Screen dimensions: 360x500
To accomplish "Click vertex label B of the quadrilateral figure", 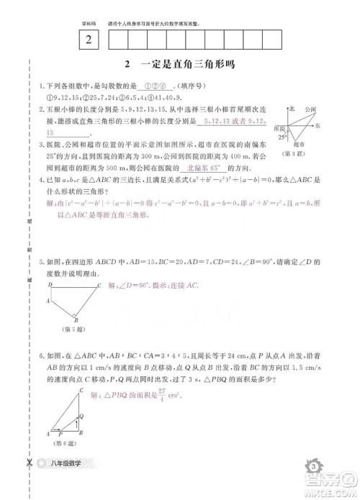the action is [76, 322].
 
